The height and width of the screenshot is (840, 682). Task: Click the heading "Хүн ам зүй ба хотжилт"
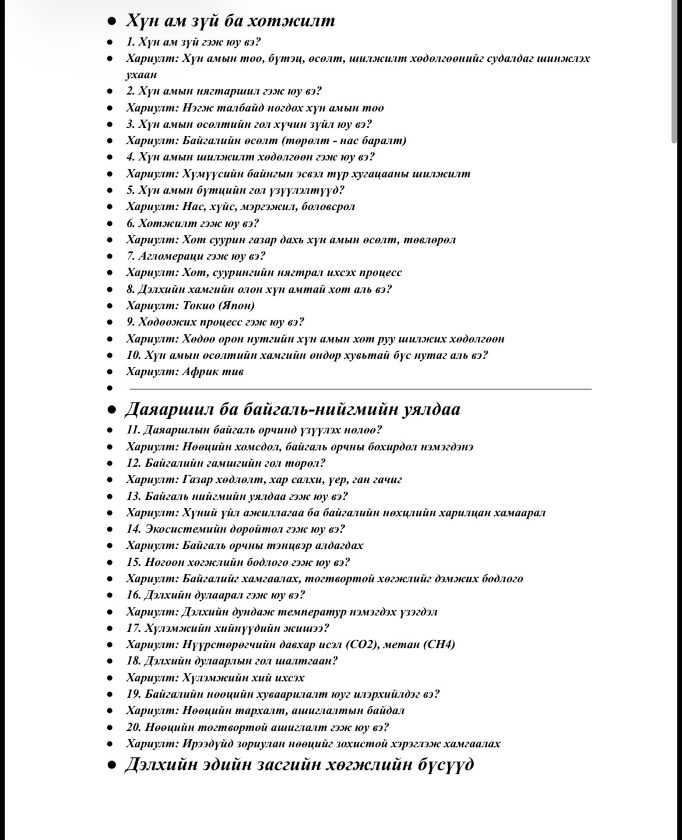[230, 21]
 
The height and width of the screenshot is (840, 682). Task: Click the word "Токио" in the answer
[199, 306]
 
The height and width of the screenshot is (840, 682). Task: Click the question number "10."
[134, 355]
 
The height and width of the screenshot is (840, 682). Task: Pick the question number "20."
[134, 727]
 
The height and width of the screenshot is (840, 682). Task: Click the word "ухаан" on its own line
[141, 75]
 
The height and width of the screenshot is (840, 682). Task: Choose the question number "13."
[134, 496]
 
